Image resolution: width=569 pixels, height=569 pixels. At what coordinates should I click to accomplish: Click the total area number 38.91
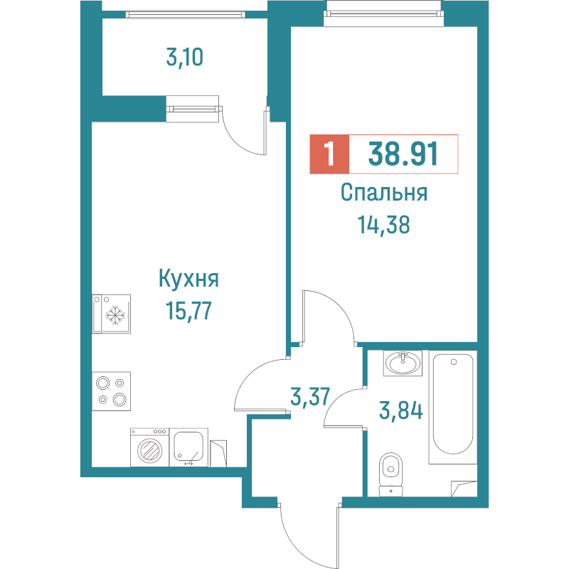pos(403,154)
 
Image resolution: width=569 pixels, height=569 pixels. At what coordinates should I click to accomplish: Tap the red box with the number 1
pos(329,154)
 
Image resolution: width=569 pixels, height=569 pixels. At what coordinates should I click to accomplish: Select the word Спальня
pos(383,193)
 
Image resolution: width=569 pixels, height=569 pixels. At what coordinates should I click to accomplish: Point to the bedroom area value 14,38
pos(384,225)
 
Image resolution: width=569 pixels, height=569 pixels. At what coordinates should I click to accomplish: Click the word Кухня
pos(188,279)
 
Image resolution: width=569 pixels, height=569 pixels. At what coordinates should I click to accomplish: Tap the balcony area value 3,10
pos(185,57)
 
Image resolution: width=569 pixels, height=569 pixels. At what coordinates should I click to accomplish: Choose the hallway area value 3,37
pos(310,395)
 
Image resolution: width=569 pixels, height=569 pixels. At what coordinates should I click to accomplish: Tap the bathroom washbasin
pos(402,363)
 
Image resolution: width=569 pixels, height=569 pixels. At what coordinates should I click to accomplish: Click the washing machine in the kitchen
pos(149,448)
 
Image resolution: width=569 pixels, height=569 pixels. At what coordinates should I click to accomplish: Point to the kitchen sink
pos(188,447)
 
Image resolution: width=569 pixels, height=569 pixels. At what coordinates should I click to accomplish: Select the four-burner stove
pos(112,390)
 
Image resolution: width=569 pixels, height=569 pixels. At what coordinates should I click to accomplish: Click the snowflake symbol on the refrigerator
pos(114,317)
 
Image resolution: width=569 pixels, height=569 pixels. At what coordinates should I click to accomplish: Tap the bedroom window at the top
pos(383,12)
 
